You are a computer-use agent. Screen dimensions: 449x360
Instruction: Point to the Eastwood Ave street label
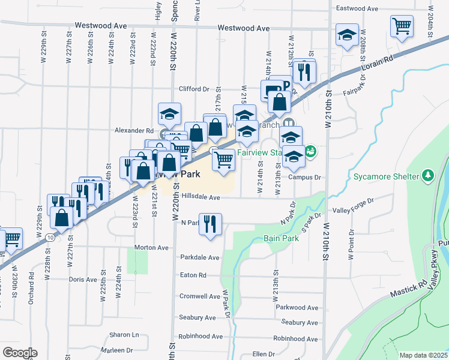tap(357, 9)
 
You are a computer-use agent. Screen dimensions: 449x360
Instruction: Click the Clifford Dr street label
tap(193, 89)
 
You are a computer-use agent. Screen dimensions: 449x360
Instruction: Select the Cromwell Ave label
tap(200, 296)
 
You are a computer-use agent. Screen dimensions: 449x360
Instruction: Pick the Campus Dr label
tap(305, 178)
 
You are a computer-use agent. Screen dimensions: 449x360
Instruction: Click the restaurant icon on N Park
tap(210, 224)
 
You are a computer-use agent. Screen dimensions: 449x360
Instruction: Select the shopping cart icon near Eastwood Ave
tap(402, 26)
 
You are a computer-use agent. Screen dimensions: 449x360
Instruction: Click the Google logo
tap(20, 353)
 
